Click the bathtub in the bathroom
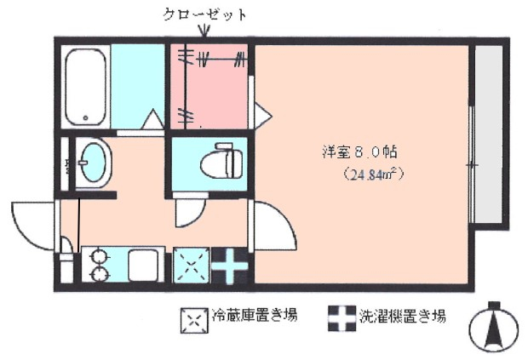click(85, 87)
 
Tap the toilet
click(222, 161)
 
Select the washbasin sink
click(93, 163)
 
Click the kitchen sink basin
click(143, 266)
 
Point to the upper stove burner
click(100, 257)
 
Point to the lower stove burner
click(100, 274)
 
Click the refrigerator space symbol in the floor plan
click(192, 266)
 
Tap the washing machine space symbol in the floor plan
click(229, 266)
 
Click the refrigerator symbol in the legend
click(194, 320)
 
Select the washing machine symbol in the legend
click(342, 318)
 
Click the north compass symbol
click(494, 326)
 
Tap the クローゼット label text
click(204, 14)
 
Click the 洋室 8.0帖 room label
click(359, 152)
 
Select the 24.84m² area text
click(374, 175)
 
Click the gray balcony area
click(489, 134)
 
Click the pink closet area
click(209, 87)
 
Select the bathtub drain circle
click(85, 117)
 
